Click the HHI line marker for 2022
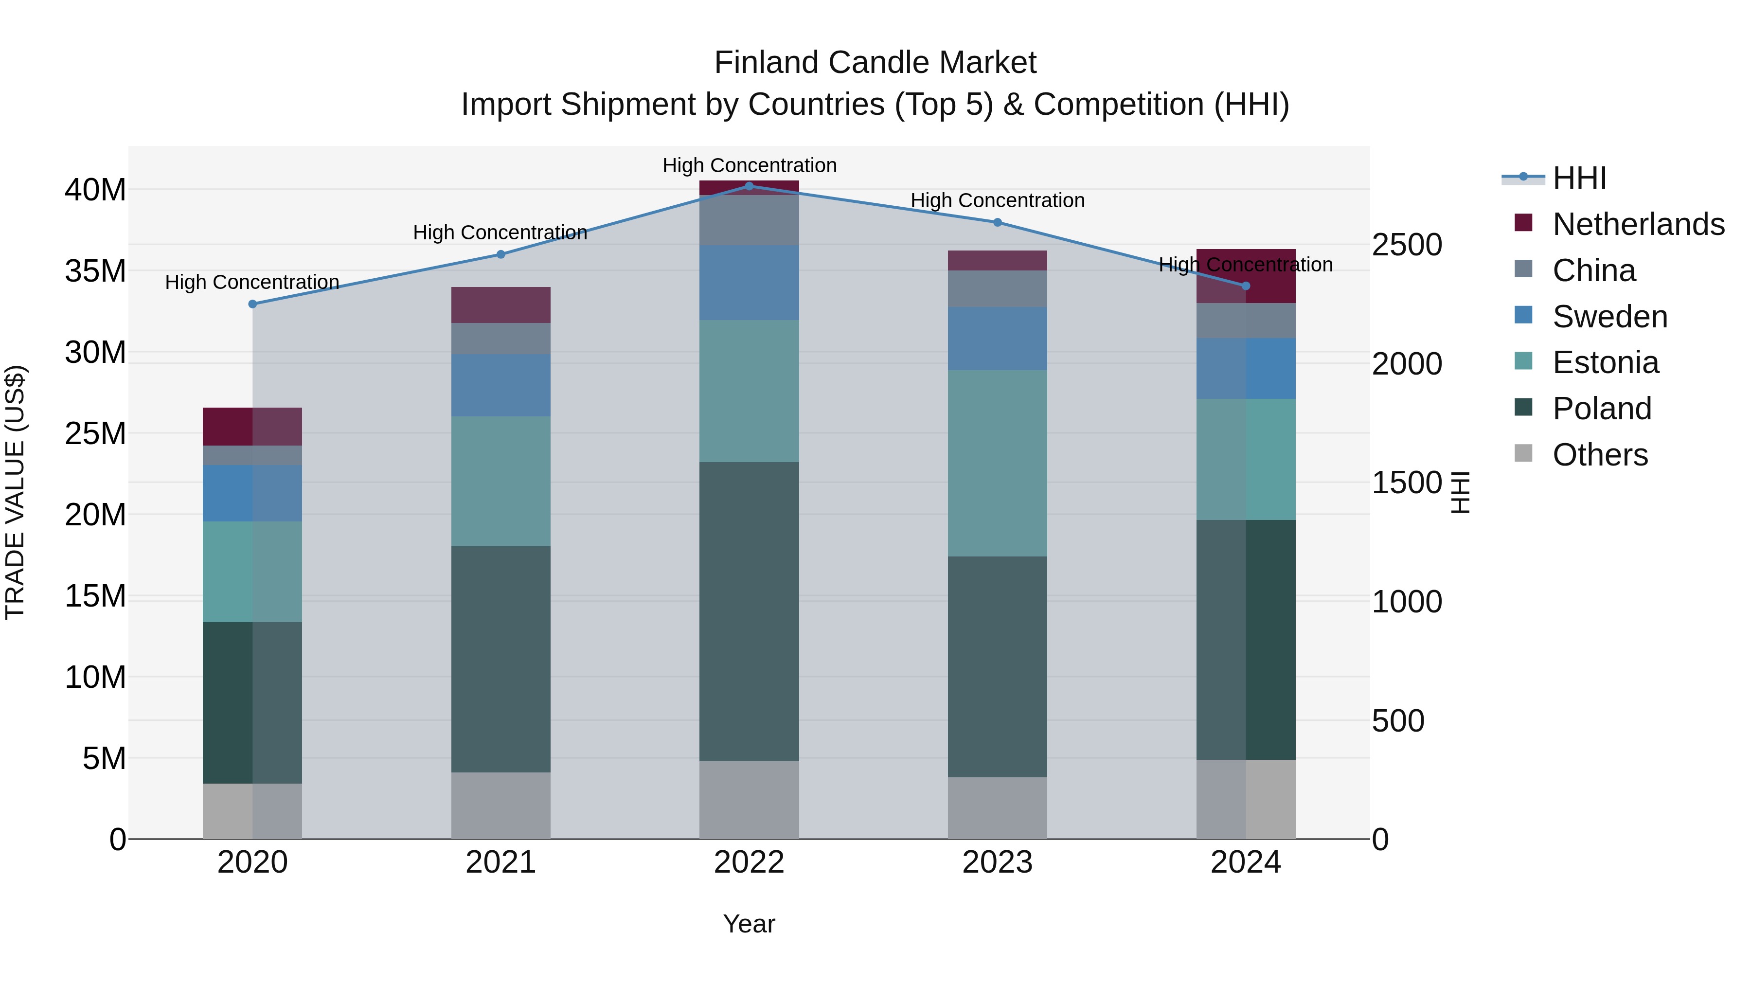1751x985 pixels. [x=749, y=186]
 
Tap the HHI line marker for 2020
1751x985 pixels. [x=252, y=304]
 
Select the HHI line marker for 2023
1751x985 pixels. [x=997, y=222]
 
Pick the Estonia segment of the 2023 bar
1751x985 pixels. [x=997, y=463]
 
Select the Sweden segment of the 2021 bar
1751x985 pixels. [x=500, y=385]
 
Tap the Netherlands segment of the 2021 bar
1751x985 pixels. [x=500, y=304]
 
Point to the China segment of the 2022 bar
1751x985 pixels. [x=749, y=220]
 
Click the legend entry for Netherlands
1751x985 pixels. [x=1638, y=224]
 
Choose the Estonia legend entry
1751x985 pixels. [x=1605, y=362]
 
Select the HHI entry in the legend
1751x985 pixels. [x=1579, y=178]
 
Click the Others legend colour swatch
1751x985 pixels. [x=1523, y=453]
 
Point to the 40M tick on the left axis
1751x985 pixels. [x=95, y=190]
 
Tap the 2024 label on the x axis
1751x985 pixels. [x=1245, y=862]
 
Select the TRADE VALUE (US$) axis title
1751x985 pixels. [x=15, y=492]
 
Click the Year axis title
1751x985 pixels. [x=749, y=924]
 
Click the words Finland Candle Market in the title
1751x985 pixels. [x=875, y=63]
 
